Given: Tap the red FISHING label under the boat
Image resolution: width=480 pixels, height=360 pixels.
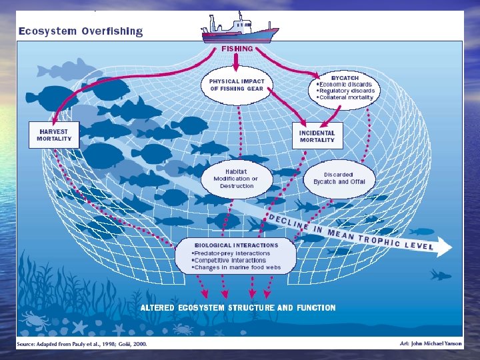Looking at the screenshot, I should tap(237, 49).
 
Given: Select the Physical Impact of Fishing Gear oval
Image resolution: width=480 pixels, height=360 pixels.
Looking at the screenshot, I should tap(237, 85).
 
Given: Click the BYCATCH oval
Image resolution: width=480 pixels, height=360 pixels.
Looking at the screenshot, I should tap(346, 87).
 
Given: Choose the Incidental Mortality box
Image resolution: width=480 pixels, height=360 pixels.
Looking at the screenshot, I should tap(317, 136).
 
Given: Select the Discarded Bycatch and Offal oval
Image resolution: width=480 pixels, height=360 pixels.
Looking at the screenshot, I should tap(339, 178).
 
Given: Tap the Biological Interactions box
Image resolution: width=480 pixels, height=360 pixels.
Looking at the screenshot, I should tap(236, 257).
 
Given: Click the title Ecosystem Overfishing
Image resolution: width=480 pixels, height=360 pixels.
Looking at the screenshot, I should tap(80, 31).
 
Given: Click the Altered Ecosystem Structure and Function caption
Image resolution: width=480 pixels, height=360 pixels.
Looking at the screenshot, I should tap(237, 308).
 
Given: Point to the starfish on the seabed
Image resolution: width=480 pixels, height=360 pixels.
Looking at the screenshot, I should tap(79, 327).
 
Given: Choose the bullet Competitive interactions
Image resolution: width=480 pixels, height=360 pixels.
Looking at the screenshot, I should tap(231, 261).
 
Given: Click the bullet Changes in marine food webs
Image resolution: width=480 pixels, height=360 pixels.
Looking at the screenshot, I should tap(237, 268).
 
